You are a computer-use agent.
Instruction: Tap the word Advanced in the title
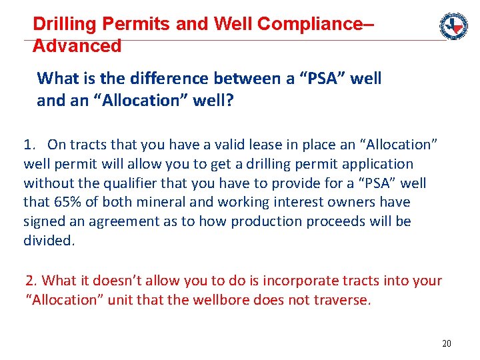coord(77,46)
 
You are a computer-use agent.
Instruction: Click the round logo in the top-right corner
coord(453,26)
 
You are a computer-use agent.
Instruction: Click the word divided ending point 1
coord(49,240)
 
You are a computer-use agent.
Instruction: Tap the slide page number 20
coord(446,343)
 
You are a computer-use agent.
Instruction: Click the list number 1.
coord(29,144)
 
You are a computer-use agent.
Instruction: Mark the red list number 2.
coord(30,281)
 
